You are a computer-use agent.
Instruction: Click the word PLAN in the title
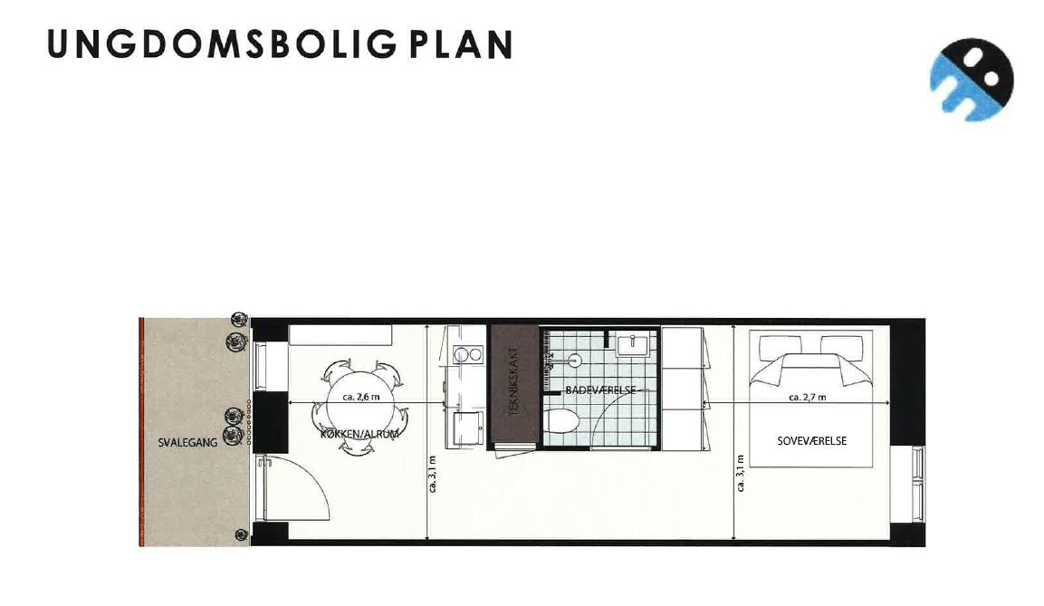point(461,44)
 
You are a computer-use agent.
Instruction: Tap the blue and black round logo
point(972,79)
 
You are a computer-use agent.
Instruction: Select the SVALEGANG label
point(187,442)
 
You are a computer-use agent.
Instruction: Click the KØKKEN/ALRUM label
point(359,434)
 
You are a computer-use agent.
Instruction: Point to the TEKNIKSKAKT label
point(513,381)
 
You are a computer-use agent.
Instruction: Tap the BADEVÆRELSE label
point(600,390)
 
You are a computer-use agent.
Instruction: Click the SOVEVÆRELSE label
point(811,441)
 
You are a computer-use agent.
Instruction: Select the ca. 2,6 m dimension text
point(361,397)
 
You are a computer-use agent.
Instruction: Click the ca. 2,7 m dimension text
point(807,398)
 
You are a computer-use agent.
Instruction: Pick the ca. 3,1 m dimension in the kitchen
point(434,474)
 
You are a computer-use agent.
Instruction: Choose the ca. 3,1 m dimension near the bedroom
point(741,474)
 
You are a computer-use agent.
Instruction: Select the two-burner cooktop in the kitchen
point(467,355)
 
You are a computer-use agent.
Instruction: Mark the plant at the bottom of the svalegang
point(241,534)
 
